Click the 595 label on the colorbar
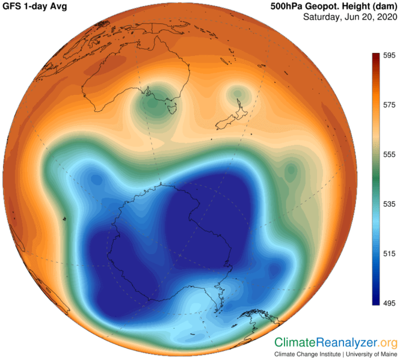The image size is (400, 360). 388,55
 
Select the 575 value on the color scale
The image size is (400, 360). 388,105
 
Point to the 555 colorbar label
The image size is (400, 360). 388,154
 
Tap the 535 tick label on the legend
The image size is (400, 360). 388,204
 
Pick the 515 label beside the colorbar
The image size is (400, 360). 388,254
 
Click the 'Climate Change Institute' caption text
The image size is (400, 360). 303,355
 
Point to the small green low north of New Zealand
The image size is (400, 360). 238,93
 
